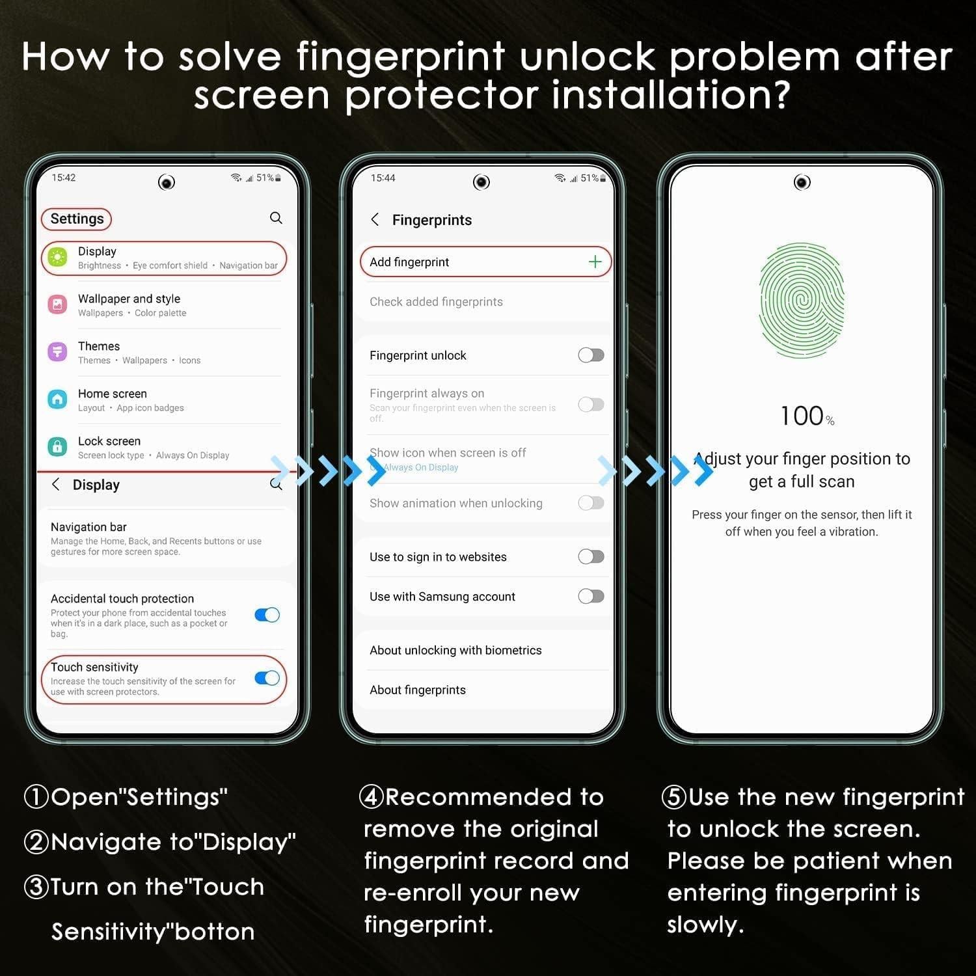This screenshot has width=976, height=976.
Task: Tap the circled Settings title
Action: point(77,219)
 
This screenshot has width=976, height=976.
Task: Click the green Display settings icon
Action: point(57,258)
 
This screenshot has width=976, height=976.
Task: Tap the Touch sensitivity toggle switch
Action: point(267,678)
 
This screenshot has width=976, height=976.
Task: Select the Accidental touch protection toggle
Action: point(267,615)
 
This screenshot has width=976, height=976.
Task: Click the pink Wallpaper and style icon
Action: point(57,305)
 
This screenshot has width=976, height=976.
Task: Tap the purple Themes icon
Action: point(57,352)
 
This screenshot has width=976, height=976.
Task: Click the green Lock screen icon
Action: point(57,447)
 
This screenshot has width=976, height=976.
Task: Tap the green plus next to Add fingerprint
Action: point(595,262)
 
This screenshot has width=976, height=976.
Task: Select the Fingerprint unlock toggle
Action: point(591,355)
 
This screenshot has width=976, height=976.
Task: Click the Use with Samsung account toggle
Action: point(591,596)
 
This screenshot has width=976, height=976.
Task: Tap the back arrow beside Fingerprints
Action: point(375,219)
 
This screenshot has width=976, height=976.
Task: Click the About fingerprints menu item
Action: point(418,690)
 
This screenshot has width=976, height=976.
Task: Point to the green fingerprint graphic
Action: point(802,301)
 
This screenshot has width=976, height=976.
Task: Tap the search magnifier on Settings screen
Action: point(276,218)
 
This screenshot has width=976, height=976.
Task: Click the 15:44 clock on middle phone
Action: point(383,178)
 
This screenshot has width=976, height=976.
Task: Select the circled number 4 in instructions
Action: point(371,797)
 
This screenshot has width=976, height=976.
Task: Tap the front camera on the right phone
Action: point(802,182)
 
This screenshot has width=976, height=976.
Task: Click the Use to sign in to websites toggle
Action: point(591,556)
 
